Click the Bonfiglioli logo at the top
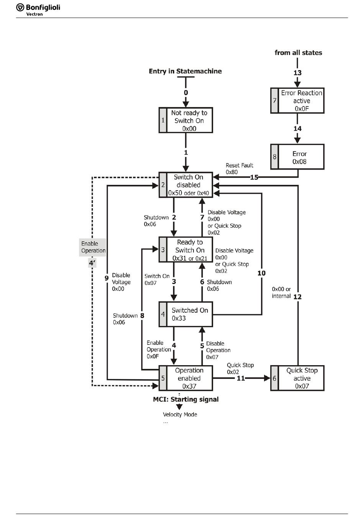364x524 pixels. coord(38,10)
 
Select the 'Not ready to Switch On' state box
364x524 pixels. coord(186,121)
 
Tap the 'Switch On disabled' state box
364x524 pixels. coord(186,185)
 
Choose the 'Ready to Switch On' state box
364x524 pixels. coord(186,250)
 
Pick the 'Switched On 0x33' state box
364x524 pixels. coord(186,314)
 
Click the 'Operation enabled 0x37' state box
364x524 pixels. coord(186,378)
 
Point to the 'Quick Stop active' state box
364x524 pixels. coord(297,378)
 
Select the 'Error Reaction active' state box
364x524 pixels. coord(297,101)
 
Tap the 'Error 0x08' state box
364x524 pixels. coord(297,157)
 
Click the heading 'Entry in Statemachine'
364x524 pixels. coord(185,71)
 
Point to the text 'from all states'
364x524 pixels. coord(298,53)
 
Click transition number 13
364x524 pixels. coord(298,73)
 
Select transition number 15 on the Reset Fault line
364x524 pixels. coord(254,177)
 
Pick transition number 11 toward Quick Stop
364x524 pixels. coord(241,378)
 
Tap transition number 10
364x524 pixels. coord(261,273)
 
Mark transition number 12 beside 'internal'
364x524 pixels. coord(298,297)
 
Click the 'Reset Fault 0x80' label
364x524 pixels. coord(239,169)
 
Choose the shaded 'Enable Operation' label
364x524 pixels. coord(93,247)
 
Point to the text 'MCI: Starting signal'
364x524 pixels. coord(186,399)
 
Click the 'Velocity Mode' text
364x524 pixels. coord(180,415)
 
